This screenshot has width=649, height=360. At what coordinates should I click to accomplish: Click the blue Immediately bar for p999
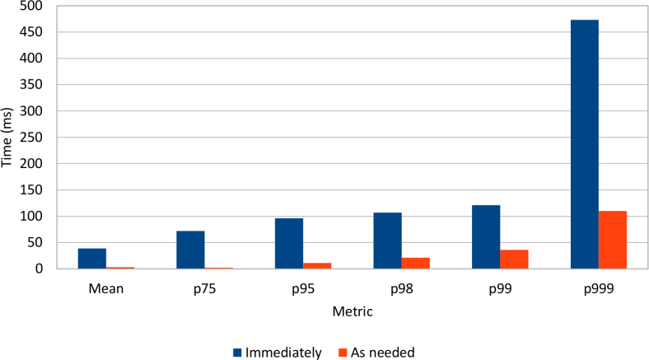(x=584, y=144)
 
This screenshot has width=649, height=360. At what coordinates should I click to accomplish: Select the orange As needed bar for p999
(x=613, y=240)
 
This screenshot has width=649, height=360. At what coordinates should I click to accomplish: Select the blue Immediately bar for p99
(x=486, y=236)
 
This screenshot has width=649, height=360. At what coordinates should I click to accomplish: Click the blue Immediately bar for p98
(x=387, y=241)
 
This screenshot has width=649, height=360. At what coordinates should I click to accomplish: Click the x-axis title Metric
(x=353, y=312)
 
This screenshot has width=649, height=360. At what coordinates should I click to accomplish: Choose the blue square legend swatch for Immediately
(x=237, y=353)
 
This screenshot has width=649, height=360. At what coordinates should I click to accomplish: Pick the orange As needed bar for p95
(x=317, y=265)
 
